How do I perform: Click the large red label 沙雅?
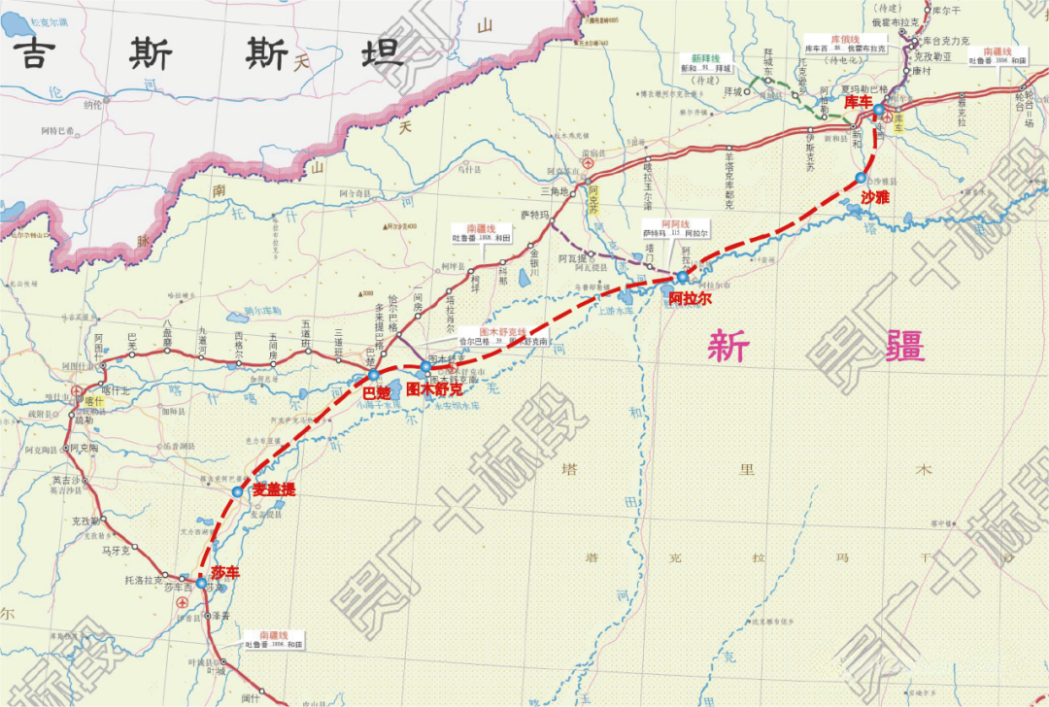click(x=874, y=196)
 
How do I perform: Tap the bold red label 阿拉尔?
click(x=690, y=298)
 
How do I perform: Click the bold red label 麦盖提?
click(x=274, y=490)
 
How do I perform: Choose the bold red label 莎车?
click(x=224, y=572)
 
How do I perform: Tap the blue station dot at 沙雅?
click(x=861, y=178)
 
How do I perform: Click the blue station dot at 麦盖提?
click(x=238, y=492)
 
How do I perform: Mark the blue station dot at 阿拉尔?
click(x=682, y=278)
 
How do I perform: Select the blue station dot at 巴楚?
click(x=373, y=375)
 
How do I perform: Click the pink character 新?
click(x=728, y=346)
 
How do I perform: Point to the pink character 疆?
click(x=901, y=346)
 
